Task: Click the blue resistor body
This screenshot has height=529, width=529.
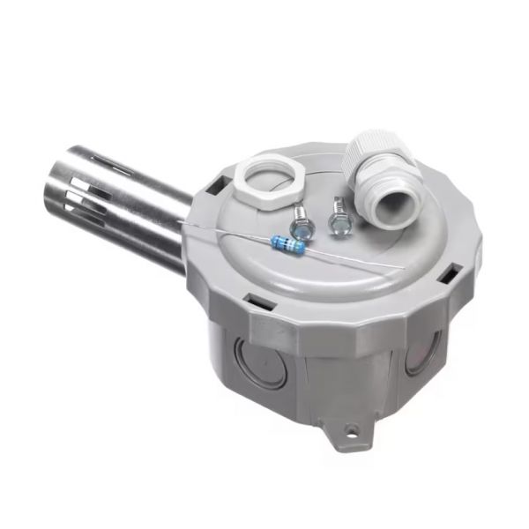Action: point(288,243)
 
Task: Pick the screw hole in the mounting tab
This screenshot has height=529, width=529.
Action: point(352,431)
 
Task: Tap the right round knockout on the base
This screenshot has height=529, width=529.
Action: point(414,358)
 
